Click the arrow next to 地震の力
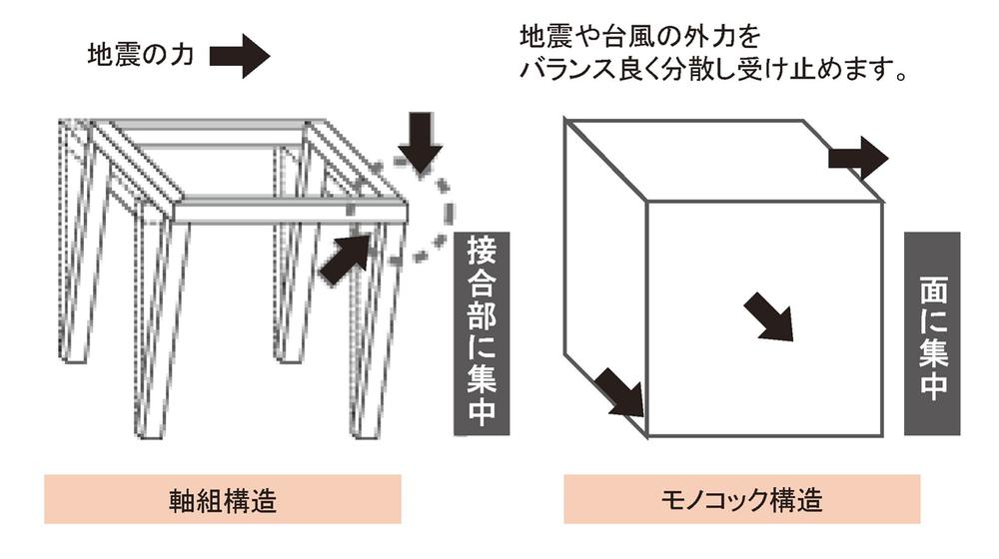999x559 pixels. point(240,55)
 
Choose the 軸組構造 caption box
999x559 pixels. point(222,498)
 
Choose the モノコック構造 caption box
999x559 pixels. point(741,498)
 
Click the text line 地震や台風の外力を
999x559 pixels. point(640,38)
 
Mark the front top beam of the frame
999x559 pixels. point(290,209)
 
